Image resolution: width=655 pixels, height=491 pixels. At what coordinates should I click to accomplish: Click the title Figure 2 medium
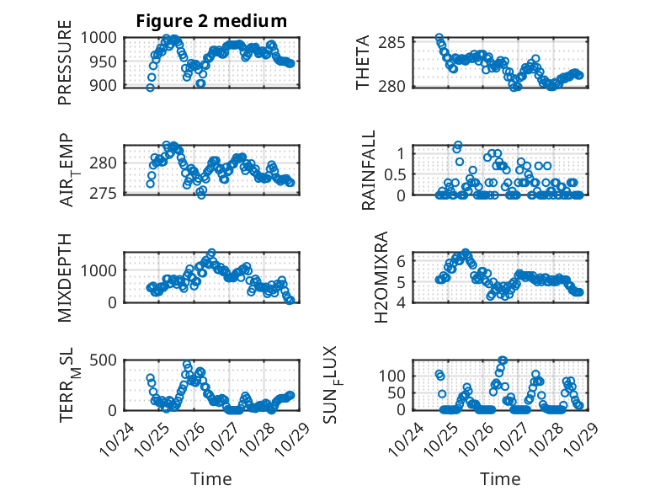pyautogui.click(x=210, y=21)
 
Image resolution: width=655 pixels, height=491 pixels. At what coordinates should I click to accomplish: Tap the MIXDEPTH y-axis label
pyautogui.click(x=65, y=277)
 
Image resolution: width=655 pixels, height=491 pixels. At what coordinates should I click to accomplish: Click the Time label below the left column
pyautogui.click(x=210, y=478)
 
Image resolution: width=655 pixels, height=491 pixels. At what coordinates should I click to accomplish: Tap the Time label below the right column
pyautogui.click(x=500, y=478)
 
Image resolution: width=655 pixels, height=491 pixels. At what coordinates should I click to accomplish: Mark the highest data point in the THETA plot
pyautogui.click(x=439, y=38)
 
